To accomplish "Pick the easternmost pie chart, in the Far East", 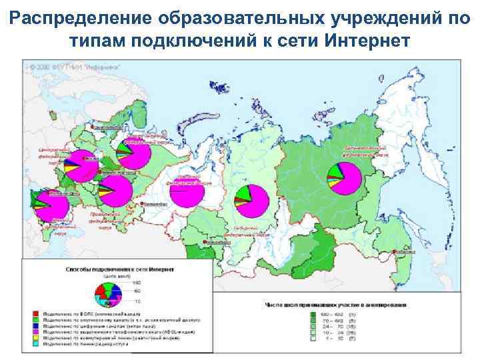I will (344, 177).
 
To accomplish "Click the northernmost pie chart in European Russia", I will (133, 156).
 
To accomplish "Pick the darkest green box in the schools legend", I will (312, 312).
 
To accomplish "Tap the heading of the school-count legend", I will (333, 304).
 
